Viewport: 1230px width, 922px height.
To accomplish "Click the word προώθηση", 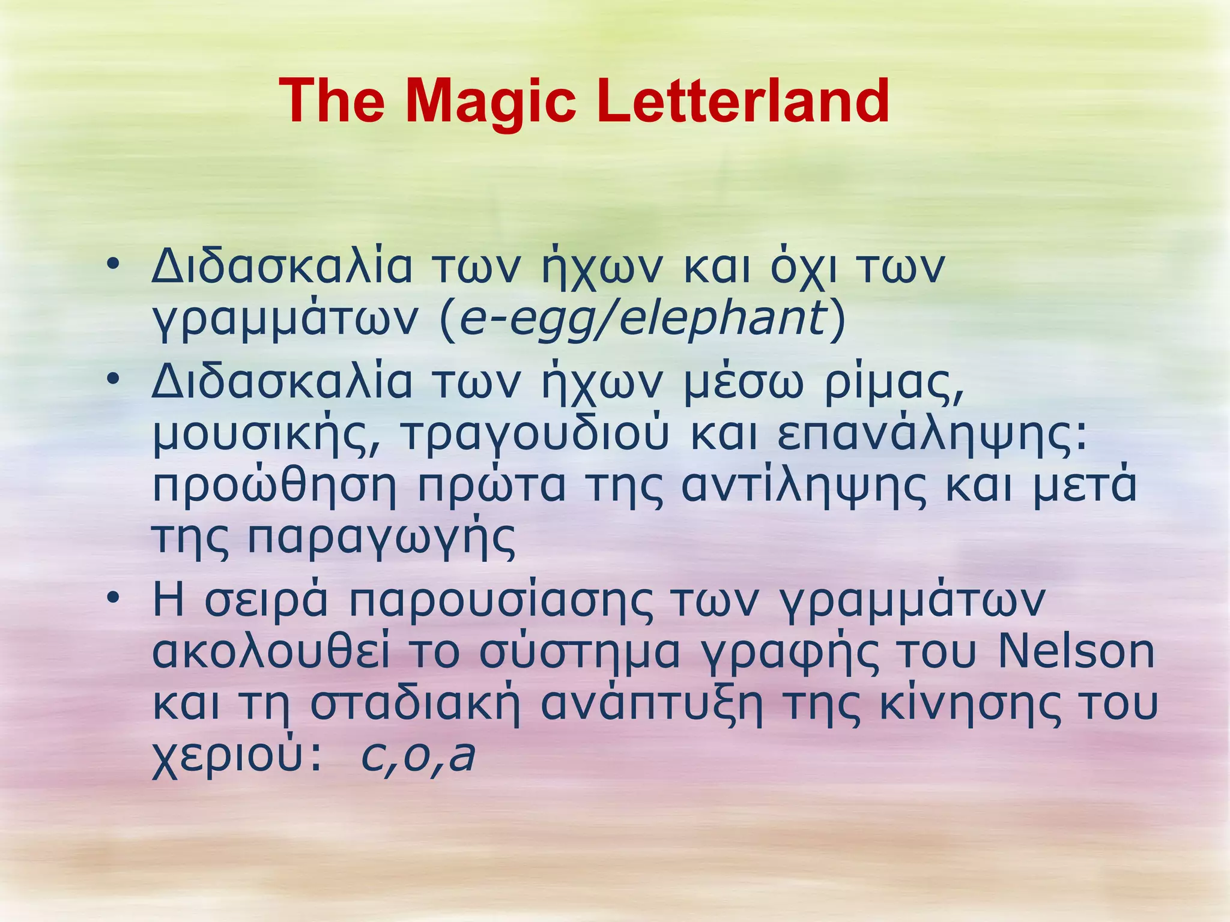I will pyautogui.click(x=274, y=486).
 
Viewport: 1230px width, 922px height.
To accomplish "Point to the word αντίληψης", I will pyautogui.click(x=804, y=486).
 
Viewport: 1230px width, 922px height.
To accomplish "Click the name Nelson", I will pyautogui.click(x=1076, y=652).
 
